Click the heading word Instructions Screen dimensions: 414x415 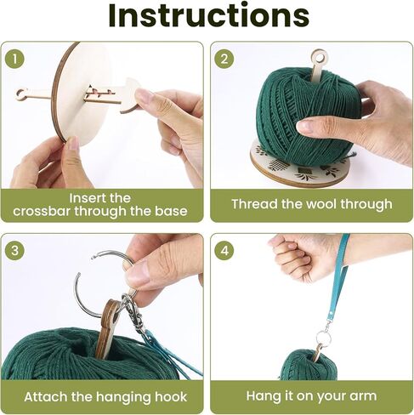tap(208, 15)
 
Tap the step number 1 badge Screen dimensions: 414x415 tap(14, 59)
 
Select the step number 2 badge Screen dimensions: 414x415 tap(224, 59)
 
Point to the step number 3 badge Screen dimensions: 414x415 tap(14, 251)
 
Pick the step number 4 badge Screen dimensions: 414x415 tap(224, 251)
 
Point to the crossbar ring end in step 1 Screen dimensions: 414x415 tap(21, 95)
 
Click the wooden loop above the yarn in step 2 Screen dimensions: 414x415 tap(320, 58)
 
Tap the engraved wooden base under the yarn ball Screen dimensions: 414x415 tap(300, 166)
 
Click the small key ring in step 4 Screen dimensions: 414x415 tap(323, 338)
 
